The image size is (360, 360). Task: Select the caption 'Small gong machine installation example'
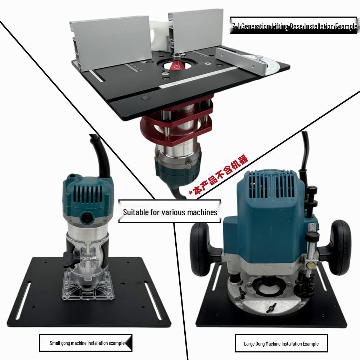pyautogui.click(x=87, y=343)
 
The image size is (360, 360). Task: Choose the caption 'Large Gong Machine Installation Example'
pyautogui.click(x=281, y=344)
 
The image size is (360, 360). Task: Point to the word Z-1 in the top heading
pyautogui.click(x=236, y=26)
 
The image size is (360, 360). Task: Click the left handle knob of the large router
pyautogui.click(x=200, y=249)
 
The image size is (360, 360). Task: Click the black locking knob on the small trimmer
pyautogui.click(x=71, y=260)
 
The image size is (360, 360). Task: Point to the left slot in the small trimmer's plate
pyautogui.click(x=23, y=301)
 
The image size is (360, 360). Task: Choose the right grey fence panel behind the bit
pyautogui.click(x=195, y=30)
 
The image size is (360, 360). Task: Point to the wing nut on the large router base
pyautogui.click(x=271, y=307)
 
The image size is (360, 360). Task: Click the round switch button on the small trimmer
pyautogui.click(x=87, y=217)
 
